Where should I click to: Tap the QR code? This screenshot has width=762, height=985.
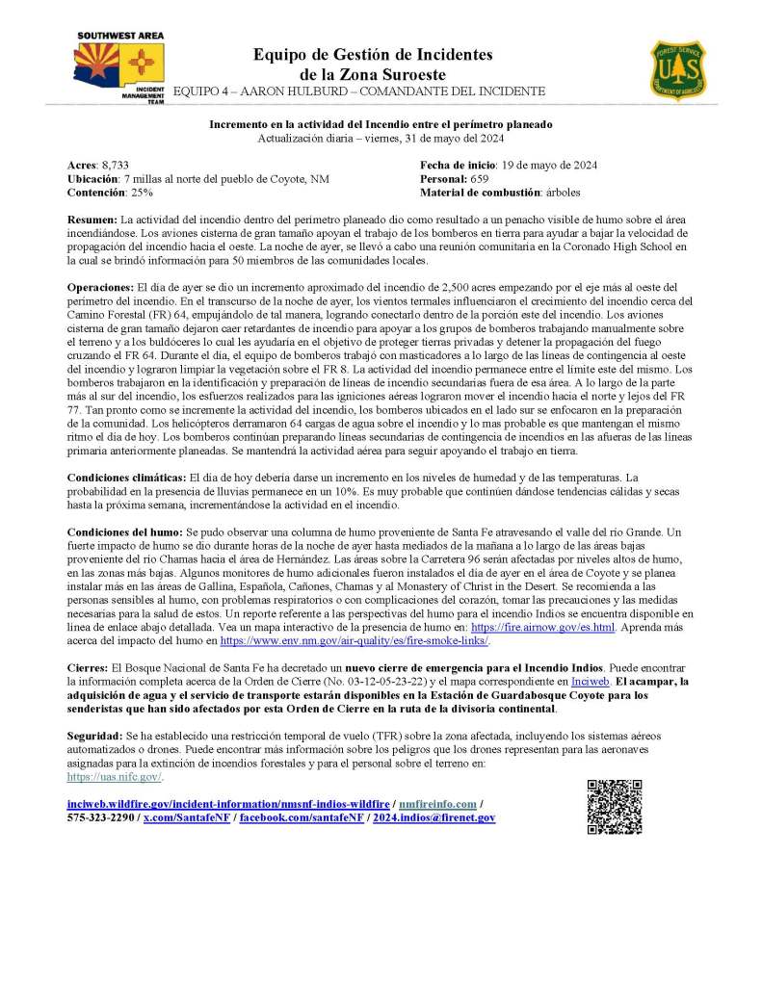coord(614,807)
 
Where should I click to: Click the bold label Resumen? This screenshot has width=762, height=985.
coord(92,220)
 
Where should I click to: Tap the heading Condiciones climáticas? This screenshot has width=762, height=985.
coord(126,478)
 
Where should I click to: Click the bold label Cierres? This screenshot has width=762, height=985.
coord(88,666)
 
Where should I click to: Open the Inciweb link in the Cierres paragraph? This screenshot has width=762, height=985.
coord(590,681)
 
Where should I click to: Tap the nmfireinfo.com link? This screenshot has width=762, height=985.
coord(438,803)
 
